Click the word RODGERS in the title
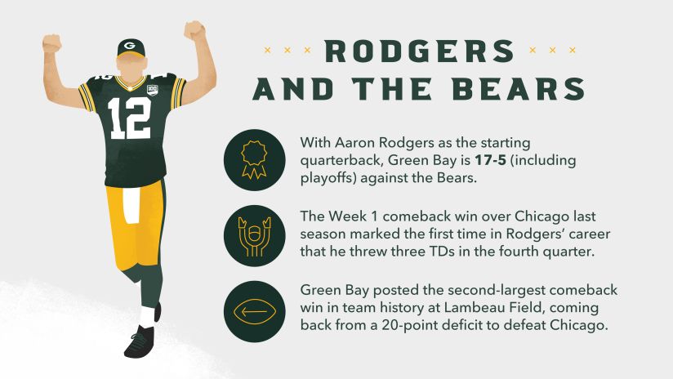[x=419, y=51]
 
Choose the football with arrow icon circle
[x=254, y=311]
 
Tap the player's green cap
[x=131, y=47]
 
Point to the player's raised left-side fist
[x=53, y=42]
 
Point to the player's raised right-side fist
[x=194, y=31]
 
